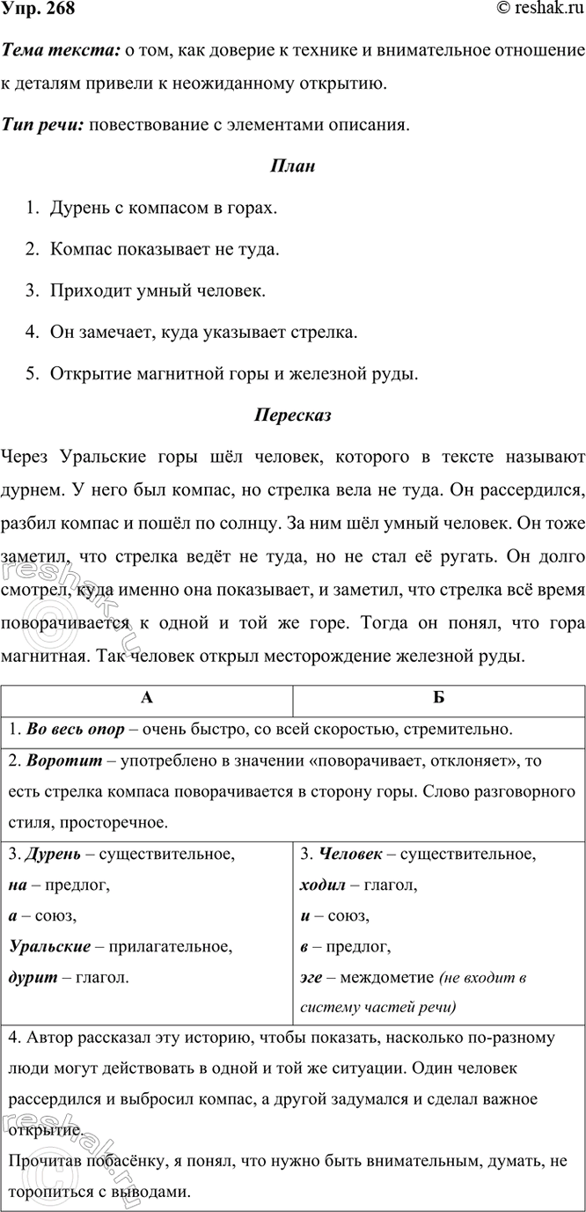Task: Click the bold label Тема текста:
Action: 60,55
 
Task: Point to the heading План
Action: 292,166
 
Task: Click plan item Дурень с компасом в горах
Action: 163,209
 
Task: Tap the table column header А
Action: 147,696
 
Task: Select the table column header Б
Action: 438,696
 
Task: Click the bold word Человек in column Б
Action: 348,854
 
